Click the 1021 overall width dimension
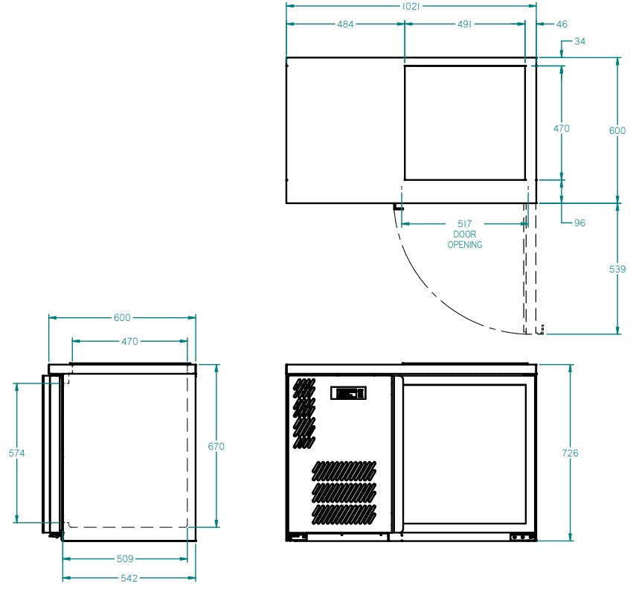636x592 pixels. point(411,6)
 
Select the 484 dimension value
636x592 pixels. point(345,24)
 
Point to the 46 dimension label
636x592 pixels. point(562,24)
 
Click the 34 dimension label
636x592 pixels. point(579,42)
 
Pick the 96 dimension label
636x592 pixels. point(579,223)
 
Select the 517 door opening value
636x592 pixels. point(465,223)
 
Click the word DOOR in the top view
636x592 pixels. point(465,234)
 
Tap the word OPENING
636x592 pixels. point(465,244)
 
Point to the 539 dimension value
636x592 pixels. point(617,268)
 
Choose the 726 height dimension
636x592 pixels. point(570,453)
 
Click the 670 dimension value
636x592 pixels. point(216,446)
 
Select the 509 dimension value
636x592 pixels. point(125,558)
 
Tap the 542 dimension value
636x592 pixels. point(125,577)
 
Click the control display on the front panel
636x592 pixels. point(348,392)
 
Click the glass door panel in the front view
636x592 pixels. point(465,454)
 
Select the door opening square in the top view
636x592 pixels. point(464,123)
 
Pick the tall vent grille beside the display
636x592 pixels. point(303,413)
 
